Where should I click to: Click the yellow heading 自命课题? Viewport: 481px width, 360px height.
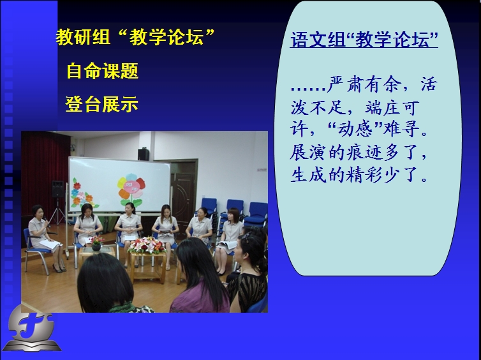103,71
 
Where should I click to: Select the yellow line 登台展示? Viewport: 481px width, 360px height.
102,104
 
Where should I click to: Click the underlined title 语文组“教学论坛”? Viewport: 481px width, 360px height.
364,40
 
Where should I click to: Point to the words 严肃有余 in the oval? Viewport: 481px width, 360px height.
364,84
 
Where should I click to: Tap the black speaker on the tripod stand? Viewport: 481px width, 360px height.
57,189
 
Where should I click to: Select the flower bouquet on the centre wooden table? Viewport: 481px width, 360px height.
147,245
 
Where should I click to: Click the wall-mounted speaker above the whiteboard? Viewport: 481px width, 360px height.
144,154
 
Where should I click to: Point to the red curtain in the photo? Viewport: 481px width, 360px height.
43,172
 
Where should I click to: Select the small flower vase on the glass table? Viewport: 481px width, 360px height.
96,243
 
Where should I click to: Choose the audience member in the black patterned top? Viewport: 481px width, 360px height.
249,273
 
